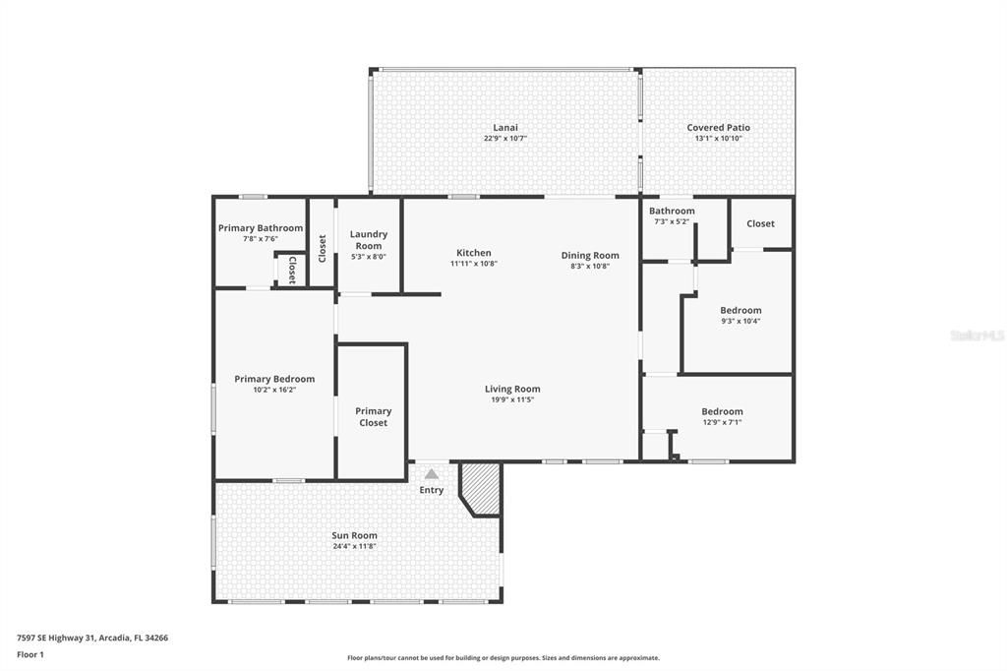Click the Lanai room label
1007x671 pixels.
(x=504, y=128)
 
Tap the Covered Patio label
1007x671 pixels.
(x=718, y=128)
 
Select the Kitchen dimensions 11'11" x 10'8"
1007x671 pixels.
(x=473, y=264)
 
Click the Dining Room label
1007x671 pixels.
(x=590, y=255)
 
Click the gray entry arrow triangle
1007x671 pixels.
(x=431, y=474)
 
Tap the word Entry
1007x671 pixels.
(x=431, y=490)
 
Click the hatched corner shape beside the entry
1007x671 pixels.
(x=483, y=488)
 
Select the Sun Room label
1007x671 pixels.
(x=354, y=535)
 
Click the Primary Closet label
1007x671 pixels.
(x=373, y=417)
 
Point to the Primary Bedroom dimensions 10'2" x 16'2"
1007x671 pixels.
(x=274, y=390)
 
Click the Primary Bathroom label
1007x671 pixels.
(x=261, y=228)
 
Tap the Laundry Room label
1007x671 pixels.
(x=369, y=240)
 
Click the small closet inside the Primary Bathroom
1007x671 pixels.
(x=291, y=270)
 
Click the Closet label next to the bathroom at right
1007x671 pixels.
(x=760, y=223)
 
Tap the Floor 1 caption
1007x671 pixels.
(x=30, y=654)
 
